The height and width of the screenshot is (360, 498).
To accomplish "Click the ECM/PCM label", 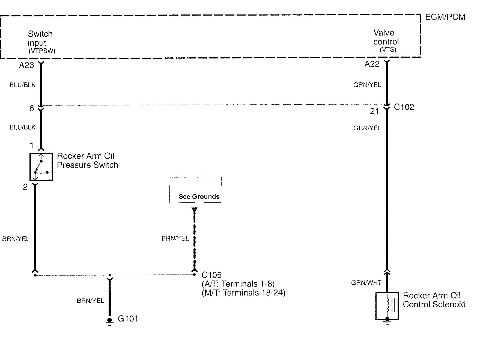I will [445, 17].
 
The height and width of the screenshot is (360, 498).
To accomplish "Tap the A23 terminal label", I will [26, 65].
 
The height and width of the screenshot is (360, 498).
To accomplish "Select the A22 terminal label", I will [372, 64].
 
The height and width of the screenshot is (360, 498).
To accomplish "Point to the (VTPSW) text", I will [42, 51].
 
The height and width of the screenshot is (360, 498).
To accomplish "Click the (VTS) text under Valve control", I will [388, 50].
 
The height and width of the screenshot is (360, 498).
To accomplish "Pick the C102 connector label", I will [404, 107].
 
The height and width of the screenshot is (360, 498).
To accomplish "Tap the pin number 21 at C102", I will [374, 111].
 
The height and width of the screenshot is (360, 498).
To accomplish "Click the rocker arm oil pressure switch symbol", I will [41, 167].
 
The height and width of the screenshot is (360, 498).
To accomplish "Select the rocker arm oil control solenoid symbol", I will [387, 306].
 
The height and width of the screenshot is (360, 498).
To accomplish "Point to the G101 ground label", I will [128, 319].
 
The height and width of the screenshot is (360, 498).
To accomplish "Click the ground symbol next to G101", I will [109, 322].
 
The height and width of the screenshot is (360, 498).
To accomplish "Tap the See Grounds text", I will [199, 197].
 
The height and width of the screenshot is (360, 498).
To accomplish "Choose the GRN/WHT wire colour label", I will [366, 283].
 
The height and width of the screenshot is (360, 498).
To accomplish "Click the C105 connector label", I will [211, 275].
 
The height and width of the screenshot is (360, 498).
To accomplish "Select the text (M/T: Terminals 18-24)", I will [243, 293].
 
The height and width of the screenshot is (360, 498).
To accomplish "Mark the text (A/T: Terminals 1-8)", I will [238, 284].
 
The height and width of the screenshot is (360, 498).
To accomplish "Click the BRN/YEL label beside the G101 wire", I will [90, 301].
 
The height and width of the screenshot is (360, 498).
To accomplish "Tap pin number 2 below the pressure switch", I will [25, 187].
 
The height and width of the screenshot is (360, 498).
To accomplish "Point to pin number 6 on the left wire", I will [32, 108].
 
